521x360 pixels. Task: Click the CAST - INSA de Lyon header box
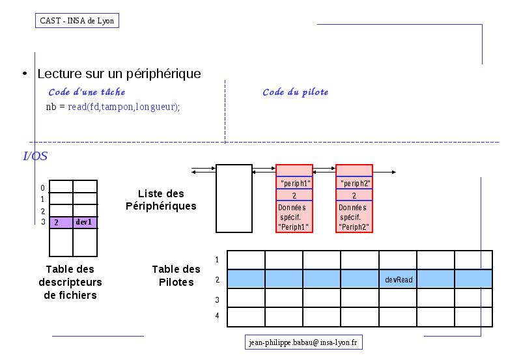pos(77,21)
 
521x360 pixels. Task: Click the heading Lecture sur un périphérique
pos(119,74)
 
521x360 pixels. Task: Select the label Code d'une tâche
pos(87,92)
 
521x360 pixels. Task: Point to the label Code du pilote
pos(296,92)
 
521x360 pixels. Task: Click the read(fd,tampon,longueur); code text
pos(124,107)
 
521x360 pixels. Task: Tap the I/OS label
pos(35,156)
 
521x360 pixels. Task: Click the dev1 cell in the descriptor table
pos(85,223)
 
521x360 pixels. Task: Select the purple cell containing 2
pos(61,223)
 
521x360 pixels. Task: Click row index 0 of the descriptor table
pos(42,188)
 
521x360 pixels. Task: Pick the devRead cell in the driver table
pos(398,279)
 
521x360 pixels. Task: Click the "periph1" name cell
pos(294,183)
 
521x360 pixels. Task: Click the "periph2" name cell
pos(354,183)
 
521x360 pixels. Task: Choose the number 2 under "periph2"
pos(354,195)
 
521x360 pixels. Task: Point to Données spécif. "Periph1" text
pos(292,217)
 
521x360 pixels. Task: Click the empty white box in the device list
pos(234,199)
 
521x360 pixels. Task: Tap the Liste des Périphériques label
pos(161,200)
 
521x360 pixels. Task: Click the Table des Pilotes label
pos(176,275)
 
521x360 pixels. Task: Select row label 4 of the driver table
pos(217,316)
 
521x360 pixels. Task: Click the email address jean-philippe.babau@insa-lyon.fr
pos(303,342)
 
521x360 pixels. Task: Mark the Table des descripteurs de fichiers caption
pos(70,282)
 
